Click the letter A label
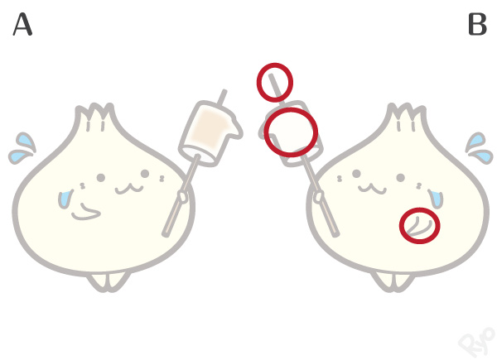[22, 24]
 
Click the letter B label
[477, 24]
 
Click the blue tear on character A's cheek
[65, 199]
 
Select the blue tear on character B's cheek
[437, 199]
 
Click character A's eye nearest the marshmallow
[145, 174]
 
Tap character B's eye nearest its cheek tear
[401, 177]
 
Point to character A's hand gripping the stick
[183, 197]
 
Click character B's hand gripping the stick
[319, 197]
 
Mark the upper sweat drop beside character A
[26, 140]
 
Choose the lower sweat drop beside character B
[482, 156]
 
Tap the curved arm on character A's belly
[85, 212]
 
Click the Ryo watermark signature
[477, 342]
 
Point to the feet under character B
[393, 282]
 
